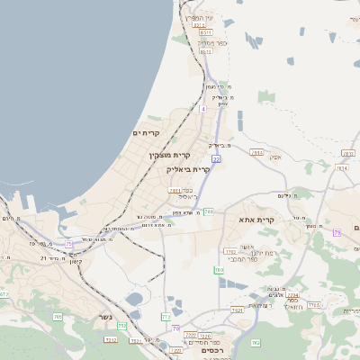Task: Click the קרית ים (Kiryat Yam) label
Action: click(147, 133)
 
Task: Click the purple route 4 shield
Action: click(203, 109)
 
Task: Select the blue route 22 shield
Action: click(216, 159)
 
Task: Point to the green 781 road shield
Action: click(208, 211)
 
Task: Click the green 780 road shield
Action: click(219, 269)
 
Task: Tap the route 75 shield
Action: click(68, 243)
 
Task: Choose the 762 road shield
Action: click(255, 342)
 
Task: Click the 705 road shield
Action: click(58, 317)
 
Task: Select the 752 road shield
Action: click(122, 325)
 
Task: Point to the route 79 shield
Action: click(337, 232)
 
